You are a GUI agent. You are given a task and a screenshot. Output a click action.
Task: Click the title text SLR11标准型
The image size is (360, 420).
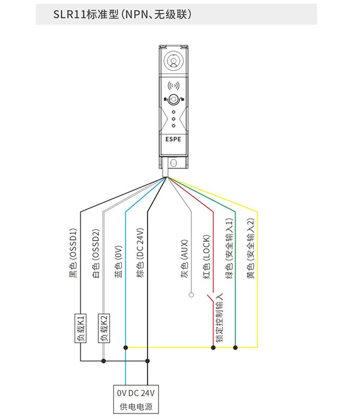pos(86,14)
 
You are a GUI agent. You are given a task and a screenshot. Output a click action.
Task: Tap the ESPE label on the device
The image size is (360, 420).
pos(173,139)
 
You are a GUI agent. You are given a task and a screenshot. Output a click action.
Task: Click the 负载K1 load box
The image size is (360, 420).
pos(80,328)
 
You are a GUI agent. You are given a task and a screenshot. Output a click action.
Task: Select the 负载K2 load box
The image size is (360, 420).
pos(104,328)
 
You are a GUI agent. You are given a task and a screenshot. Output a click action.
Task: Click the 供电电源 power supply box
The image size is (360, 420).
pos(136,400)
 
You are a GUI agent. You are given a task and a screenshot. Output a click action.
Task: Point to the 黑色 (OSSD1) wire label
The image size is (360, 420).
pos(73,253)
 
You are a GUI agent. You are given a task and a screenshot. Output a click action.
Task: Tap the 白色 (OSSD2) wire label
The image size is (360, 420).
pos(96,253)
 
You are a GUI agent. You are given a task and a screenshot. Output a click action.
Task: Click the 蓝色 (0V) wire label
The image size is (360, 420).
pos(118,261)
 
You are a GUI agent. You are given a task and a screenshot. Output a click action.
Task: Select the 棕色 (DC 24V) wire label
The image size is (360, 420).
pos(140,253)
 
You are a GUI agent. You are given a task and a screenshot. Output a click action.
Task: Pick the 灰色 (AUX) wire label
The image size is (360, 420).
pos(184,259)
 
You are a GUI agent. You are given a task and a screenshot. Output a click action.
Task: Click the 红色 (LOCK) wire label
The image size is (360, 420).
pos(206,257)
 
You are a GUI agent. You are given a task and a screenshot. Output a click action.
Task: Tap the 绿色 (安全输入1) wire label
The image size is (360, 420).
pos(229,248)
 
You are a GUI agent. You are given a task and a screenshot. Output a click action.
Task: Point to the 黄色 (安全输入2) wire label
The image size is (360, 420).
pos(250,248)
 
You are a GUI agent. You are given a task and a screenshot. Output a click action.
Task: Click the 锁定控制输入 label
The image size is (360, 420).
pos(219,317)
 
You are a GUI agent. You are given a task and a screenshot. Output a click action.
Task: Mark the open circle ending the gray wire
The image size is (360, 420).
pos(191,295)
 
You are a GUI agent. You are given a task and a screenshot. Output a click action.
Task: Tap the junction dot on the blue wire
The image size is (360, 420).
pos(125,347)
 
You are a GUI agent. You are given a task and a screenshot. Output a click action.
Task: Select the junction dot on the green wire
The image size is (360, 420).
pos(235,347)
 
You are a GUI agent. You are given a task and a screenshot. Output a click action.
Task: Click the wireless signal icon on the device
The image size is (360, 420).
pos(173,86)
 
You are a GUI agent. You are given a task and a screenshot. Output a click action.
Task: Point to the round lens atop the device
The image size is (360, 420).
pos(173,61)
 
